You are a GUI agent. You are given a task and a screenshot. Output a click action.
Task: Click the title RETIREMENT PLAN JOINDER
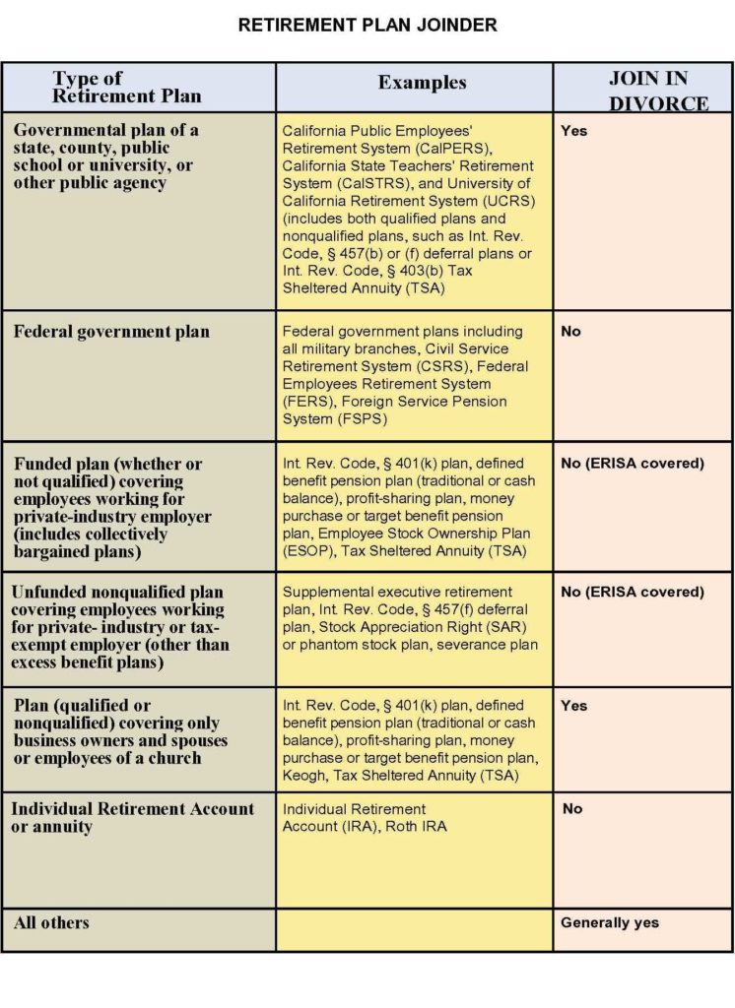pyautogui.click(x=367, y=26)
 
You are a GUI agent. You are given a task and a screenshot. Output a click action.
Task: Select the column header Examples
pyautogui.click(x=422, y=84)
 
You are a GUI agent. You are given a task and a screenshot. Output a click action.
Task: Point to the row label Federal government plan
pyautogui.click(x=111, y=332)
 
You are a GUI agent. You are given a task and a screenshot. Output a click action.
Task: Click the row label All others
pyautogui.click(x=51, y=922)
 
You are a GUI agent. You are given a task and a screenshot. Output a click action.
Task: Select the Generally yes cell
pyautogui.click(x=610, y=922)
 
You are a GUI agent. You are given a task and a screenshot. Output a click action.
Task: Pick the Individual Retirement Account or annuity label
pyautogui.click(x=132, y=818)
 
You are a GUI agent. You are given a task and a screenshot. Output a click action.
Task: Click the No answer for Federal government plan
pyautogui.click(x=570, y=332)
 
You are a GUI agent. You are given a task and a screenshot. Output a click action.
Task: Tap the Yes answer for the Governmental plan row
pyautogui.click(x=573, y=131)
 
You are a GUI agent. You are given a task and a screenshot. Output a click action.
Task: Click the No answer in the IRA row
pyautogui.click(x=572, y=809)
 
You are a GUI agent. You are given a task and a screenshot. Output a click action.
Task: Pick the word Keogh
pyautogui.click(x=303, y=776)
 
